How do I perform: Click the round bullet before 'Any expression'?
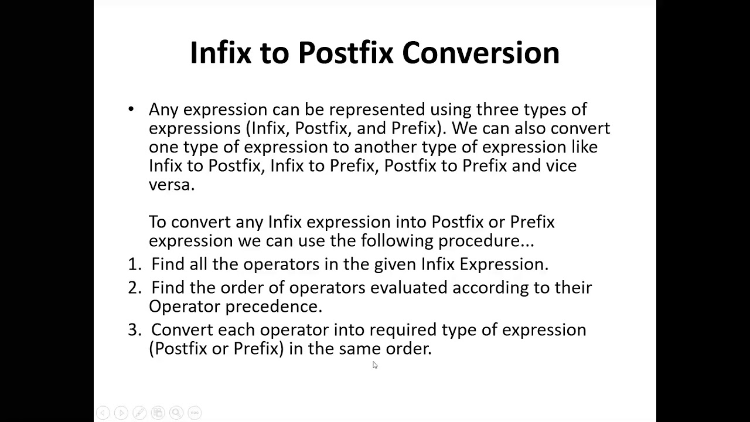(131, 109)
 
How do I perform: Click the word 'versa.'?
(171, 185)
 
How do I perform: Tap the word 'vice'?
(561, 166)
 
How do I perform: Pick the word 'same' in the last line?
(360, 349)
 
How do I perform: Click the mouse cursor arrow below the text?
(375, 365)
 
